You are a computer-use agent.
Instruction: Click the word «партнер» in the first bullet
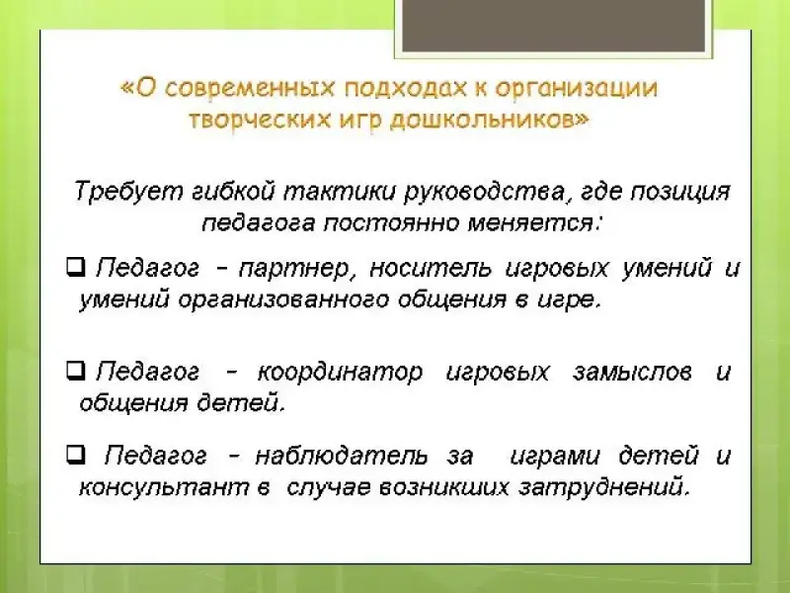pos(293,269)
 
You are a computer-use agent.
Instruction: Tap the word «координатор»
pos(340,374)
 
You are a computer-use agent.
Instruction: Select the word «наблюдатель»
pos(342,456)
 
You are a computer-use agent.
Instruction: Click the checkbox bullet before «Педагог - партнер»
pos(76,267)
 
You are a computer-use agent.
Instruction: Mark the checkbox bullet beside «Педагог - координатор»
pos(76,372)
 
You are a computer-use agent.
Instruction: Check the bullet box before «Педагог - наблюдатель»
pos(76,455)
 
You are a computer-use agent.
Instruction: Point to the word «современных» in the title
pos(250,88)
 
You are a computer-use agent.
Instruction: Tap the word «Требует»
pos(128,192)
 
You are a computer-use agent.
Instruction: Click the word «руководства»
pos(487,193)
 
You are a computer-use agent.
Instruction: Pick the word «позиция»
pos(680,193)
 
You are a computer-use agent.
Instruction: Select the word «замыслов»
pos(632,373)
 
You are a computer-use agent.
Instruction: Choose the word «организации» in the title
pos(577,89)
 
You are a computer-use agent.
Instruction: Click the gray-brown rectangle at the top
pos(553,26)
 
